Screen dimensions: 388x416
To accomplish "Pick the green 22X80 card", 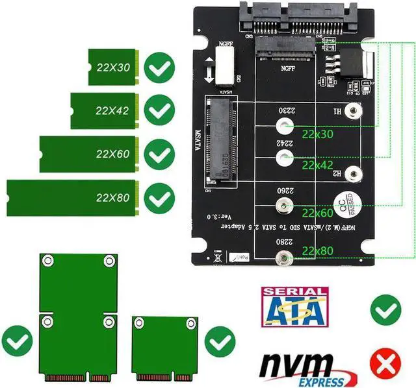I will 75,197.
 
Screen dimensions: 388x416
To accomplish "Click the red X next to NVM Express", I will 383,363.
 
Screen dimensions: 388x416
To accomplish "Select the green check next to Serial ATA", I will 383,309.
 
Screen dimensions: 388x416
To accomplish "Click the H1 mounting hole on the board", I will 352,112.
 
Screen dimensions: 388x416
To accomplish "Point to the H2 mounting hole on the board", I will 352,173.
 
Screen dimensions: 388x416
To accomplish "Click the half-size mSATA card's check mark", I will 220,339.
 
